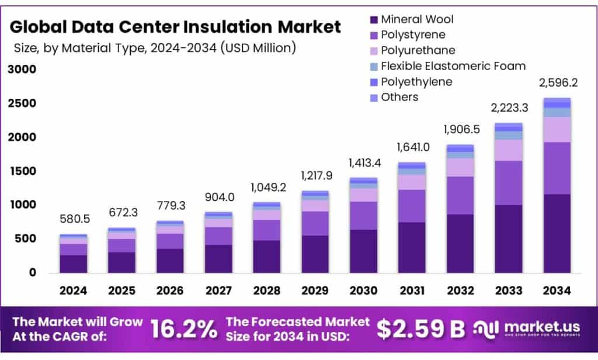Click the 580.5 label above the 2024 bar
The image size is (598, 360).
pyautogui.click(x=74, y=219)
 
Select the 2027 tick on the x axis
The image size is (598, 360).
pyautogui.click(x=219, y=290)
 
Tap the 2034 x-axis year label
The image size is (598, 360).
pyautogui.click(x=558, y=290)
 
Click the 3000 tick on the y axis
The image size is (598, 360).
pyautogui.click(x=22, y=70)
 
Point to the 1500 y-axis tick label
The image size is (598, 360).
pyautogui.click(x=22, y=171)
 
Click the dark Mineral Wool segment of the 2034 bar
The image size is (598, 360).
pyautogui.click(x=558, y=234)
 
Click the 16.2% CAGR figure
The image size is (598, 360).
pyautogui.click(x=184, y=330)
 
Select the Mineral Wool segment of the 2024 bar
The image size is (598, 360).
pyautogui.click(x=74, y=264)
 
